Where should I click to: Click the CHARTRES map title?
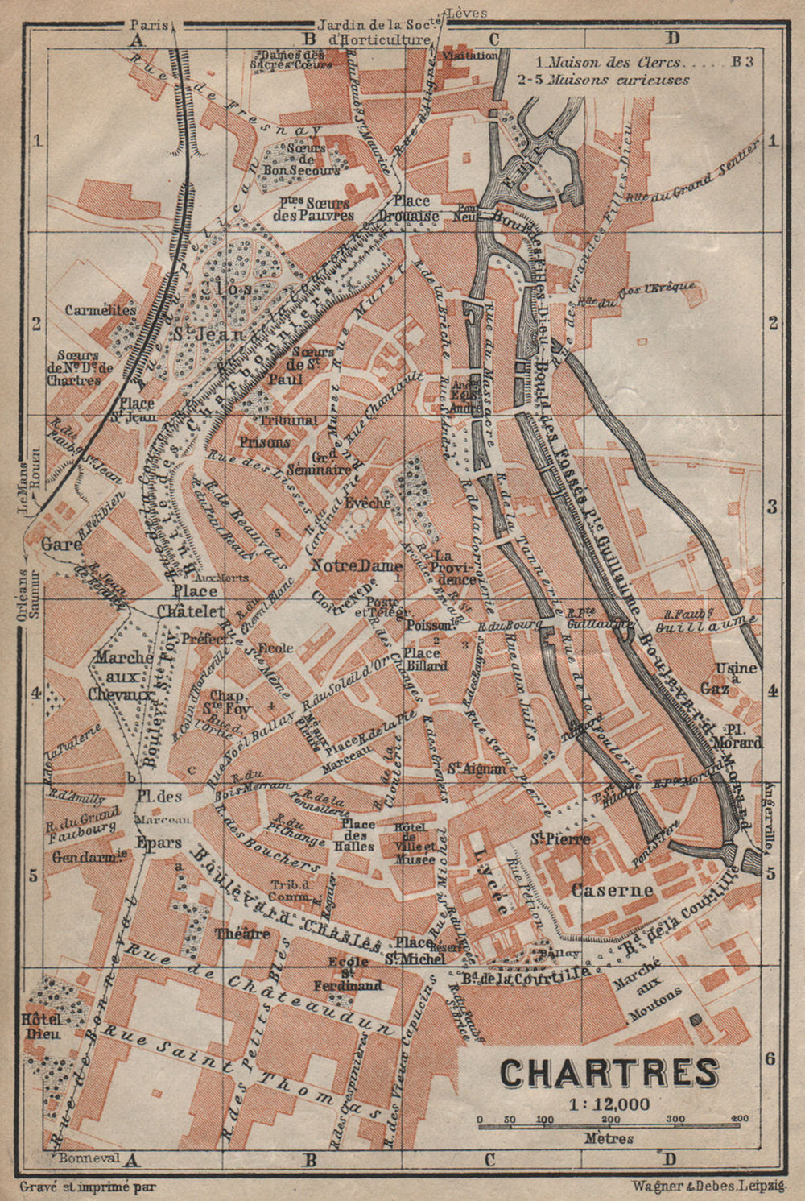point(609,1072)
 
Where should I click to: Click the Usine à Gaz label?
point(739,677)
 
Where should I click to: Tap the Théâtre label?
point(242,934)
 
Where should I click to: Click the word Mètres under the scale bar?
point(609,1138)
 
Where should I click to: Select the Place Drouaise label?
point(416,208)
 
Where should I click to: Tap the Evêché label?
point(367,502)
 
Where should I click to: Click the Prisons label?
point(264,442)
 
